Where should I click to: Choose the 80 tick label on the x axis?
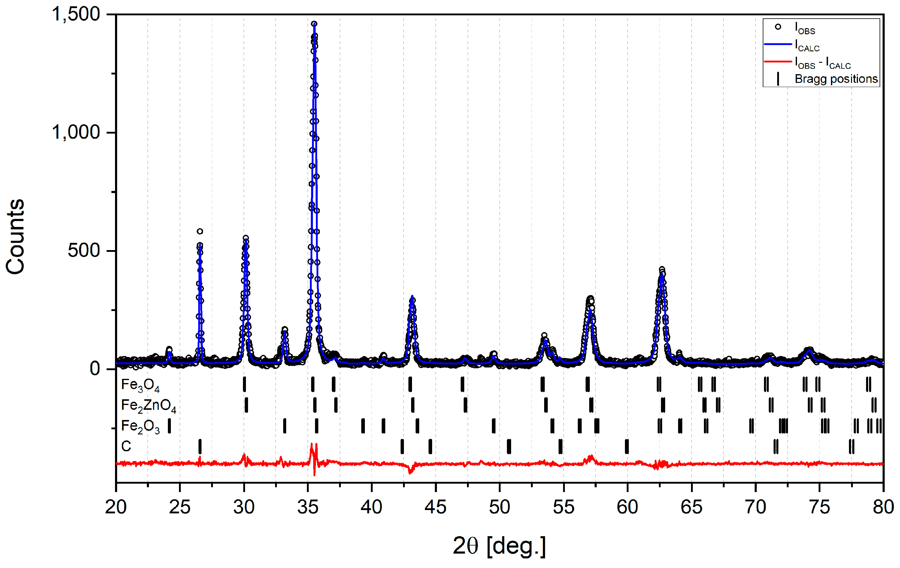pos(883,507)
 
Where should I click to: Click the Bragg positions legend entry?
pos(836,79)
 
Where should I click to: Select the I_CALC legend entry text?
pos(807,46)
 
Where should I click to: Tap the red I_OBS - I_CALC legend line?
pos(778,61)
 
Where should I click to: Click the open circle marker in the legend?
pos(778,27)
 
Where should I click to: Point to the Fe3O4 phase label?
pos(140,385)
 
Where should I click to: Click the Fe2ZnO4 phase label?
pos(148,406)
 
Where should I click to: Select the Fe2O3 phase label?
pos(140,426)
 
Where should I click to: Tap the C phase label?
pos(126,446)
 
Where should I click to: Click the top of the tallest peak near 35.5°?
pos(314,23)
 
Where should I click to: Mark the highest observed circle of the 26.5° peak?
pos(200,231)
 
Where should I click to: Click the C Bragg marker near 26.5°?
pos(200,446)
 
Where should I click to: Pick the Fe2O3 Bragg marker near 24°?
pos(169,426)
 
